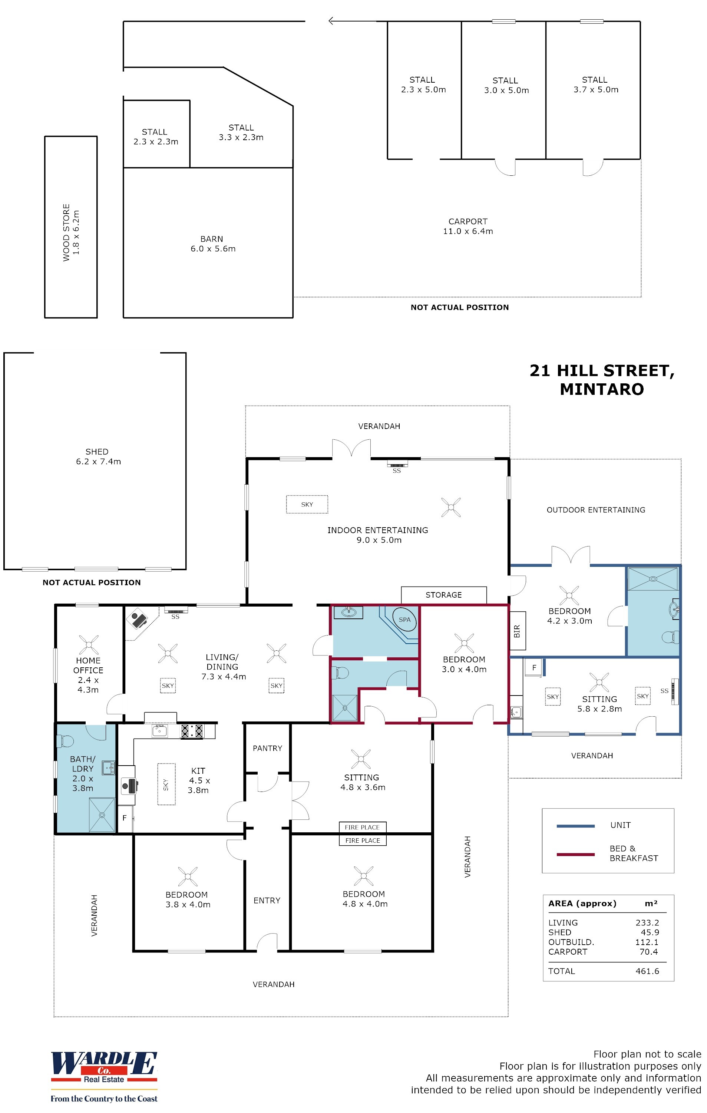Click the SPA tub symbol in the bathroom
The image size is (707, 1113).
(x=404, y=620)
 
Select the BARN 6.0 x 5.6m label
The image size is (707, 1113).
(x=212, y=244)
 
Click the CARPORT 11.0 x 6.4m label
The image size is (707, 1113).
(x=468, y=227)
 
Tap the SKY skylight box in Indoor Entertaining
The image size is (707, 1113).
(x=307, y=504)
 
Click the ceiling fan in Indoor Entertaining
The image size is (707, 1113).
(x=450, y=507)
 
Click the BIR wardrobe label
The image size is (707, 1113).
(x=516, y=631)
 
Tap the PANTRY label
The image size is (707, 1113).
(x=267, y=748)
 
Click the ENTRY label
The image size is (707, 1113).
(x=267, y=901)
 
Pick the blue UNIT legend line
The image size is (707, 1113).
(x=575, y=826)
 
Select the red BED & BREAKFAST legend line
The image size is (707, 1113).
(x=575, y=855)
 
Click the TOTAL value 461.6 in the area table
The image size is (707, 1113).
(x=647, y=971)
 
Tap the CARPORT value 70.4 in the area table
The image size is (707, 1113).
(x=648, y=952)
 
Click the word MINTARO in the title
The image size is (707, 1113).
(x=601, y=389)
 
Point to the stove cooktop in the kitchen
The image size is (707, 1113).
(x=192, y=731)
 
